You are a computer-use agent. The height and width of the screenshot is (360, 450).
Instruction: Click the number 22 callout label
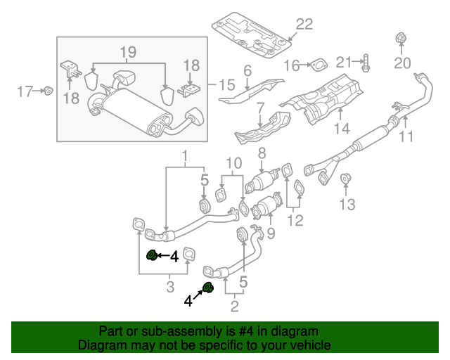pos(303,25)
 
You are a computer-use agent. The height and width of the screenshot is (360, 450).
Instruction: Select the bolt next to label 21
pos(366,65)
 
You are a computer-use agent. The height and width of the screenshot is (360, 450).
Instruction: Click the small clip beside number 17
pos(47,90)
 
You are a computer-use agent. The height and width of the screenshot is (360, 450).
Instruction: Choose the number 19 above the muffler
pos(127,53)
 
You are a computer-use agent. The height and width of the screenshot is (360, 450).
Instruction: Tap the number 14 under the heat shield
pos(341,129)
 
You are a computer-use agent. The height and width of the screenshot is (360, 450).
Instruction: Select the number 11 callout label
pos(407,137)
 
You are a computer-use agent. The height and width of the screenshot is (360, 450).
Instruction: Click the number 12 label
pos(295,221)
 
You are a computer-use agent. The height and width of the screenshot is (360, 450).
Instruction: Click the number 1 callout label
pos(186,155)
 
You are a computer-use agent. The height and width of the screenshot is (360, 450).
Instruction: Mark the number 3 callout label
pos(169,286)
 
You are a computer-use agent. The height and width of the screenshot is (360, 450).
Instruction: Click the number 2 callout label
pos(234,305)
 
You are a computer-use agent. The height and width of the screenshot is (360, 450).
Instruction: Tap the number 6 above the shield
pos(247,71)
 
